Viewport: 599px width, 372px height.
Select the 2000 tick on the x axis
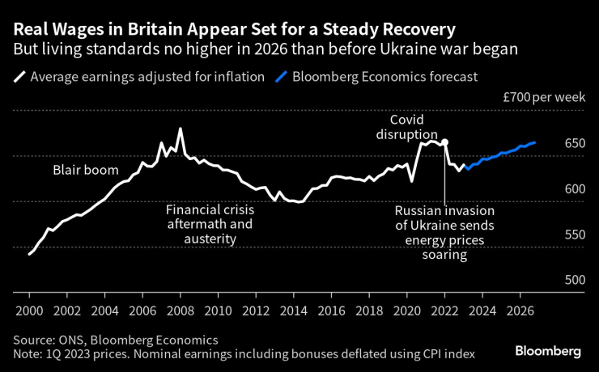[29, 311]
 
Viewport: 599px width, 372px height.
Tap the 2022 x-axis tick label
[444, 311]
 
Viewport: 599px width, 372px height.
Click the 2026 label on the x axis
[520, 311]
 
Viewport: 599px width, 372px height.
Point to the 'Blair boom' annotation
[86, 171]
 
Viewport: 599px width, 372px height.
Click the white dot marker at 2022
[444, 142]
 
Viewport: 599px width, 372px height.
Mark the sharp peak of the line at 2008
[180, 129]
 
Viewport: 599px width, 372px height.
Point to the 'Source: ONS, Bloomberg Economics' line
[115, 340]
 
